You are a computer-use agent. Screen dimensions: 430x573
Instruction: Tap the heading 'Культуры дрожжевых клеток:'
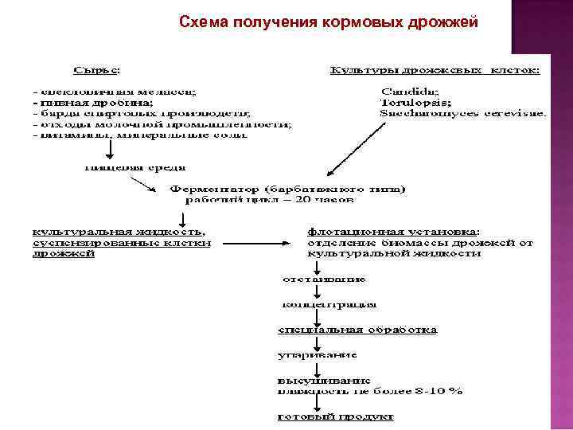click(x=435, y=71)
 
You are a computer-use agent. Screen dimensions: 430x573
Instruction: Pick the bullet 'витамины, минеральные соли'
click(x=140, y=135)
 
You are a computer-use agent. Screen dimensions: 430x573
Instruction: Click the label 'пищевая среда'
click(x=135, y=168)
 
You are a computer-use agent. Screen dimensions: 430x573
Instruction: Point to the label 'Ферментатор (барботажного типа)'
click(x=287, y=190)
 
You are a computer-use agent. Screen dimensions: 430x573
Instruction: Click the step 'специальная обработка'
click(x=357, y=330)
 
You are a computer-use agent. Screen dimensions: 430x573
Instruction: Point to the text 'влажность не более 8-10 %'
click(x=370, y=390)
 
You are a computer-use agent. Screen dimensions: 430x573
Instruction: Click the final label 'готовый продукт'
click(x=335, y=416)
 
